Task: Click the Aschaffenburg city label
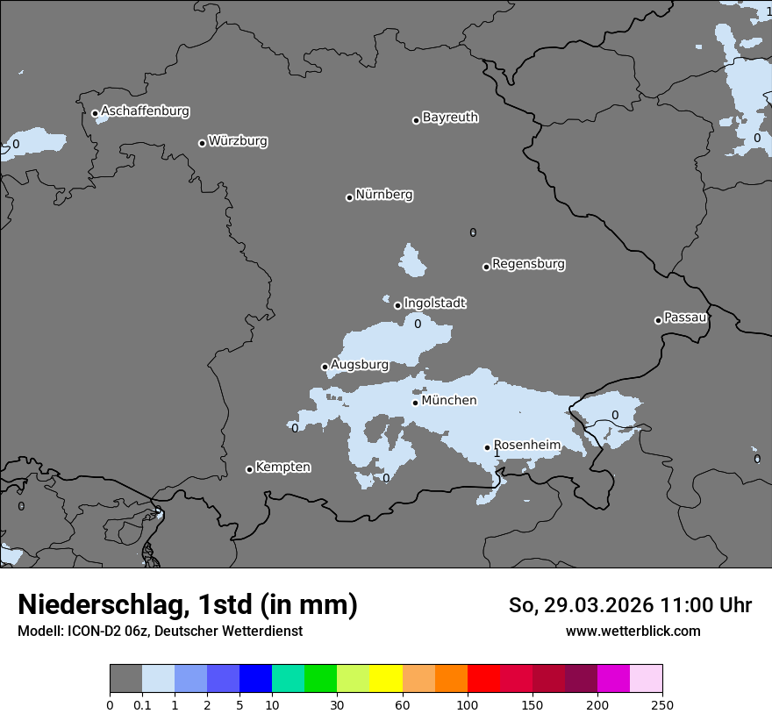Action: coord(145,111)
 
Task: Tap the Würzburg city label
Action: coord(238,141)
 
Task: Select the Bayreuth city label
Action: coord(450,118)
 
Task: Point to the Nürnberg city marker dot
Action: coord(349,197)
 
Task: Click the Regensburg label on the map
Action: coord(528,264)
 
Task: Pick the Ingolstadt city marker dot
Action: coord(397,306)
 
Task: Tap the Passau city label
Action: coord(685,318)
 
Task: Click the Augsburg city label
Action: coord(360,365)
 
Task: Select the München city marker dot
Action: coord(415,403)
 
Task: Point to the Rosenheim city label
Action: coord(527,446)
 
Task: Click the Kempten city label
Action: coord(282,467)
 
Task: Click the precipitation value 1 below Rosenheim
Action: coord(497,453)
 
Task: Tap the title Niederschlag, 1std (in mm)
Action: coord(188,604)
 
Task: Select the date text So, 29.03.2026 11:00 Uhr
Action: coord(630,605)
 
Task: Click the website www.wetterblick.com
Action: coord(633,631)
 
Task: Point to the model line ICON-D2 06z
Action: coord(160,631)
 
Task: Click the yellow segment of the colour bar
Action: coord(386,679)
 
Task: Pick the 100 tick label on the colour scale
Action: coord(468,704)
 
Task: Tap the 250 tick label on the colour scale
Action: coord(662,704)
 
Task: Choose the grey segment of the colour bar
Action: coord(125,679)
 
